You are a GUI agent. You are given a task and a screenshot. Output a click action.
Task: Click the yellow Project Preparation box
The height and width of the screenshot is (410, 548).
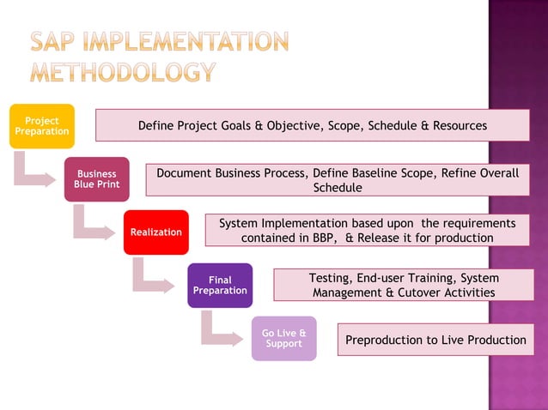[42, 126]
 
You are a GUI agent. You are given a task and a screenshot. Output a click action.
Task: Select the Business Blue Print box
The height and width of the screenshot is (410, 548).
[96, 179]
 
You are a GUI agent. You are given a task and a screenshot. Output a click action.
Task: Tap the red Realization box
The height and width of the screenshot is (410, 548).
[155, 232]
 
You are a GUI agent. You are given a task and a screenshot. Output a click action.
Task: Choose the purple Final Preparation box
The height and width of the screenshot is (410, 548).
[220, 286]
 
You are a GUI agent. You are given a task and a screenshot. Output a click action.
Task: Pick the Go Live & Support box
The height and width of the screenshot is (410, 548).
[283, 338]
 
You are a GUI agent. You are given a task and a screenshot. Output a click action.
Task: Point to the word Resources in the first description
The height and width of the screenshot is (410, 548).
[460, 126]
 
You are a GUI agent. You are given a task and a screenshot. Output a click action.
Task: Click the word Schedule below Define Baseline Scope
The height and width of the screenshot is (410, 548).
[337, 187]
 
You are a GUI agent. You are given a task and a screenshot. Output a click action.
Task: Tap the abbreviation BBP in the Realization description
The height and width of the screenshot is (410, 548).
[326, 238]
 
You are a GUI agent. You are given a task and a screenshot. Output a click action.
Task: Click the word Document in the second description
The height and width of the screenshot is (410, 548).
[185, 173]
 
